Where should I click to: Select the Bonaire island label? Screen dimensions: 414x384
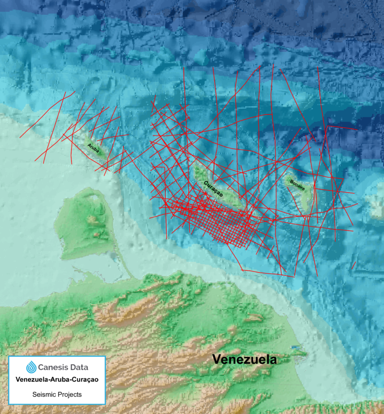click(x=298, y=184)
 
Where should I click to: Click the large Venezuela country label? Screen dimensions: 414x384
click(x=245, y=359)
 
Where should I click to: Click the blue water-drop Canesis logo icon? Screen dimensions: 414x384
click(x=31, y=368)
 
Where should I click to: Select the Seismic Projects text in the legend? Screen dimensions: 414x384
click(x=57, y=394)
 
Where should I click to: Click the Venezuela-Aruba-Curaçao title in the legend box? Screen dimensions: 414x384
click(x=57, y=380)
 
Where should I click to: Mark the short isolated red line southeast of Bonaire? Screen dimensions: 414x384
click(x=353, y=265)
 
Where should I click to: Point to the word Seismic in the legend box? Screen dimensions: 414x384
click(x=44, y=394)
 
